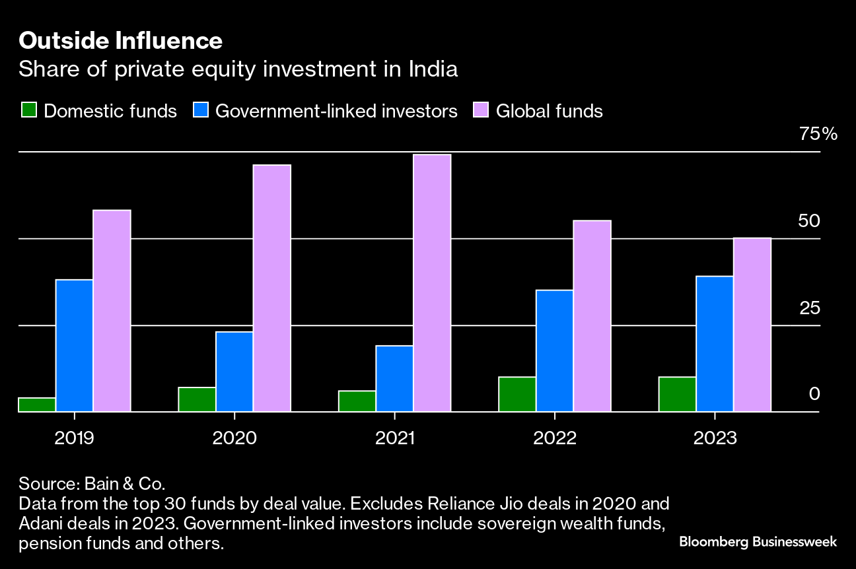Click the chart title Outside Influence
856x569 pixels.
tap(120, 42)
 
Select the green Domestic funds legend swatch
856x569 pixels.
tap(28, 110)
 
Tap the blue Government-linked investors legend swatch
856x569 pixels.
tap(201, 110)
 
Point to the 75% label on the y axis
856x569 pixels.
tap(818, 134)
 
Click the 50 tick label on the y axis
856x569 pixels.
tap(809, 220)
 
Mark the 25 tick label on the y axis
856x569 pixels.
tap(809, 308)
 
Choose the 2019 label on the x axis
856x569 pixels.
tap(74, 438)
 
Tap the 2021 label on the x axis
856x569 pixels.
tap(394, 438)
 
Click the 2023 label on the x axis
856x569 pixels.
tap(715, 438)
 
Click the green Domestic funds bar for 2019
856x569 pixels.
tap(37, 405)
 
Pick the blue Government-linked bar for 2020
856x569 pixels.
tap(234, 372)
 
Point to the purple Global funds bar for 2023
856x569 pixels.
tap(752, 324)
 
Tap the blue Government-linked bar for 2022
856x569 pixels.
tap(555, 351)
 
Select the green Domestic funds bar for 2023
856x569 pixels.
tap(678, 394)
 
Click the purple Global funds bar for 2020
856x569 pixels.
tap(272, 288)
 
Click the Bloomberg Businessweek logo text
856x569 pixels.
tap(758, 542)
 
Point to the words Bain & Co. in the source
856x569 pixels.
tap(125, 483)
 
